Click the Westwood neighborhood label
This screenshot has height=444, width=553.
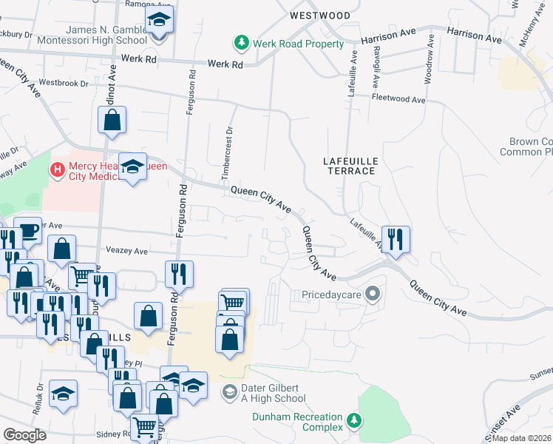320,15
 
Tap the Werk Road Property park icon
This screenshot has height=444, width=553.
240,43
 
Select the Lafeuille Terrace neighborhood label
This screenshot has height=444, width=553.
349,165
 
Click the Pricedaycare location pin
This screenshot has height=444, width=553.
373,294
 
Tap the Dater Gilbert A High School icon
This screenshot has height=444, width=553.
230,391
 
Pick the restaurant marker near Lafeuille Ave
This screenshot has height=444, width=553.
396,239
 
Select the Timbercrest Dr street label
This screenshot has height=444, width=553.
229,153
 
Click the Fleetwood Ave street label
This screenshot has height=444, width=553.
399,98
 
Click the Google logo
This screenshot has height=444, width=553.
24,435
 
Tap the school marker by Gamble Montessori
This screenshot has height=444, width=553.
158,20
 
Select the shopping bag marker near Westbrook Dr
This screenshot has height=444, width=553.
112,120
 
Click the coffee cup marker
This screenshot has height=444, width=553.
27,230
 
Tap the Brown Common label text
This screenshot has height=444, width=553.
531,147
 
